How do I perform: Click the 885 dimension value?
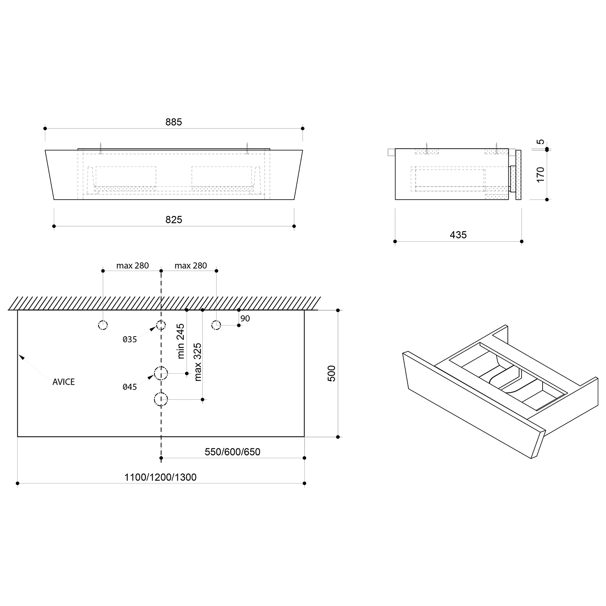174,122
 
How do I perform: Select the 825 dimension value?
174,220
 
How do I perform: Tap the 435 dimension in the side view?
458,235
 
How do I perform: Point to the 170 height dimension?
541,175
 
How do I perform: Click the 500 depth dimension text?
331,373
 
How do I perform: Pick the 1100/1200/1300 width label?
160,477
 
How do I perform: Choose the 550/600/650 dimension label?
232,452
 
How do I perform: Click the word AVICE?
63,382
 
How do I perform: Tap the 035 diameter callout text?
130,339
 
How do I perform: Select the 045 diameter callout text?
130,387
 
